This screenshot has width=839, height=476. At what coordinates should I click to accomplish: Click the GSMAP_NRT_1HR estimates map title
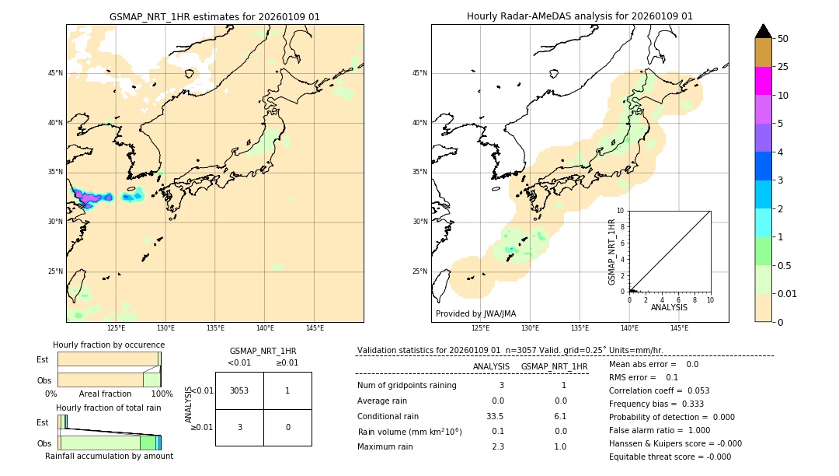click(x=214, y=16)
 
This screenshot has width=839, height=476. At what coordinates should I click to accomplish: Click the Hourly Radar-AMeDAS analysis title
click(x=580, y=16)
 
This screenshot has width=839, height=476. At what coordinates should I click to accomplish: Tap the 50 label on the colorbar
click(x=783, y=39)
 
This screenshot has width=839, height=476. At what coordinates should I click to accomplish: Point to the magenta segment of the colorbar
click(x=763, y=81)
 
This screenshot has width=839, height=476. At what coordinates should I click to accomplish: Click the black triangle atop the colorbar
click(x=763, y=31)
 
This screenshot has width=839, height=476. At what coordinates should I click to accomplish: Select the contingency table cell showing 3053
click(x=239, y=390)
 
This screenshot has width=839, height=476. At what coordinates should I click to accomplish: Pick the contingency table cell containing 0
click(x=287, y=427)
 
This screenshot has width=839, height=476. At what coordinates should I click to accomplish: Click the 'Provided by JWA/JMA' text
click(x=475, y=313)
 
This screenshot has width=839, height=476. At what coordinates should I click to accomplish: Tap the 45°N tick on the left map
click(x=55, y=73)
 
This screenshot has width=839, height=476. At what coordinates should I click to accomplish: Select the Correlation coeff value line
click(x=659, y=390)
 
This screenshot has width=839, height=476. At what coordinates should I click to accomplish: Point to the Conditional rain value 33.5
click(x=495, y=416)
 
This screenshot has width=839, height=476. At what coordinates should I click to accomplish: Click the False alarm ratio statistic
click(x=660, y=430)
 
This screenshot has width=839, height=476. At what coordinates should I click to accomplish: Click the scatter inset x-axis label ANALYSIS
click(x=669, y=307)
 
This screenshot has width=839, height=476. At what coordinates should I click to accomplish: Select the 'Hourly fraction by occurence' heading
click(x=109, y=345)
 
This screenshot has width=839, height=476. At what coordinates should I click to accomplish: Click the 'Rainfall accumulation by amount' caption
click(x=109, y=456)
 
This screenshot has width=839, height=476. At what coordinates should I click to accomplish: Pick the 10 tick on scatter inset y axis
click(x=620, y=211)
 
